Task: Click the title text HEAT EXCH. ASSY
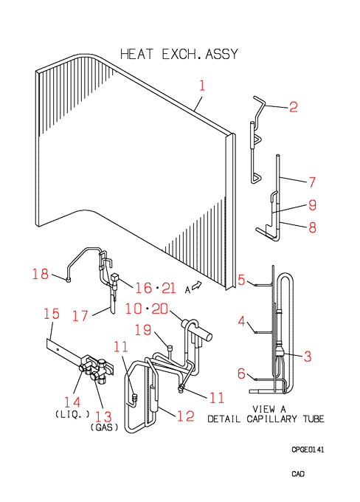point(179,54)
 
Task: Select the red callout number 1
point(202,86)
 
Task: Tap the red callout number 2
point(294,106)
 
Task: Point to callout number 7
point(312,182)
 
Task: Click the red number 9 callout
point(312,204)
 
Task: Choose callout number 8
point(312,227)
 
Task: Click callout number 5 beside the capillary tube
point(242,280)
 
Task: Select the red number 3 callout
point(308,356)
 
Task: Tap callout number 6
point(242,374)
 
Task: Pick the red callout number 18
point(41,274)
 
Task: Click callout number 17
point(80,316)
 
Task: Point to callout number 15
point(52,314)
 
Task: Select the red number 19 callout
point(142,330)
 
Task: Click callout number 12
point(186,416)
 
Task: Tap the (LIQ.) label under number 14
point(73,414)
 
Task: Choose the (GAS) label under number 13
point(104,427)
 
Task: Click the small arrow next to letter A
point(197,285)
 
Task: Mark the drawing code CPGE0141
point(308,450)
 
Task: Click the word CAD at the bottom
point(298,473)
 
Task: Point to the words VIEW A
point(269,409)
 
